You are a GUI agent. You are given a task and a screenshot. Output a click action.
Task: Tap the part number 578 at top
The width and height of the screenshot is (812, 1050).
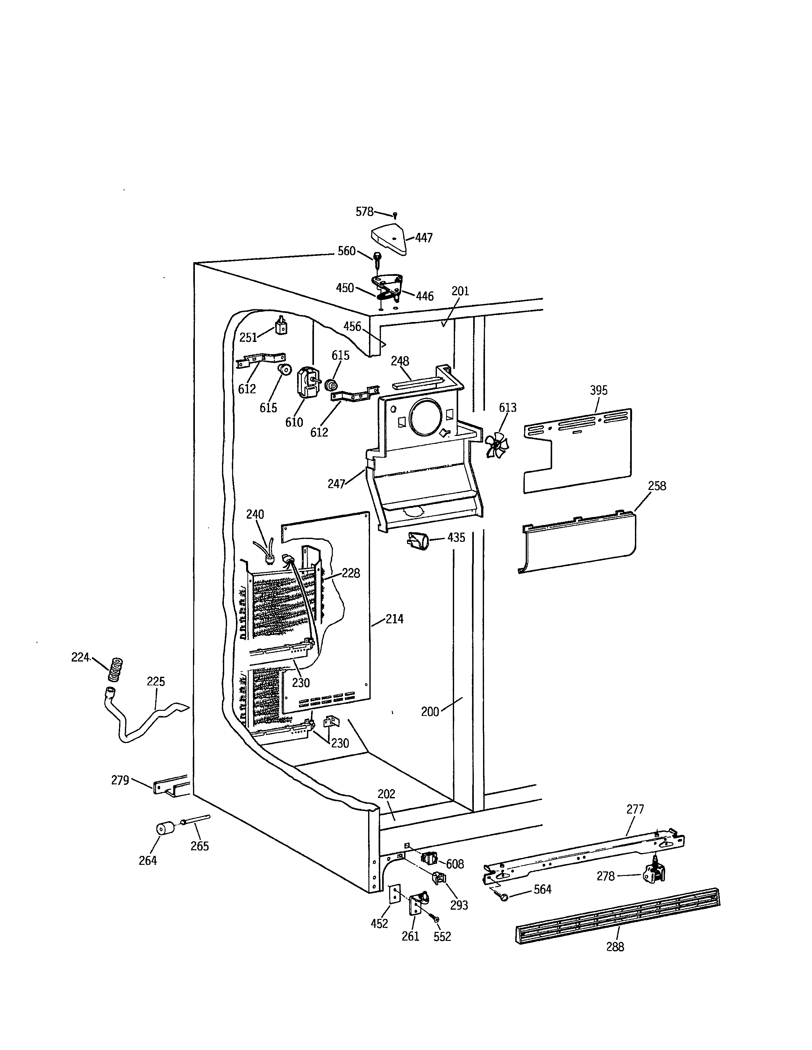click(x=364, y=212)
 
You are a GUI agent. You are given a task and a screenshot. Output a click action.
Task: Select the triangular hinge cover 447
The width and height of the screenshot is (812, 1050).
click(x=388, y=240)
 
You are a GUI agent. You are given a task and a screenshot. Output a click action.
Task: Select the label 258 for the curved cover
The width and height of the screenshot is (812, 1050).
click(x=657, y=486)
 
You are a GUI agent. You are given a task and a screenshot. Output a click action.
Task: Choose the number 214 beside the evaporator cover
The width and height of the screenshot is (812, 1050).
click(x=394, y=619)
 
